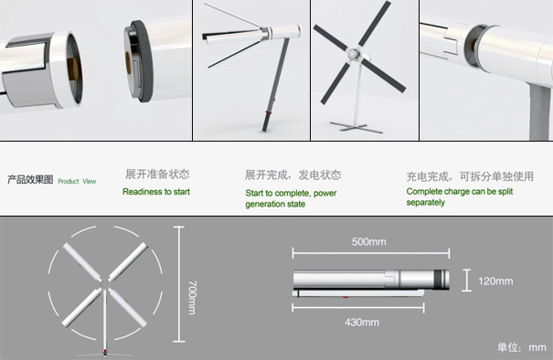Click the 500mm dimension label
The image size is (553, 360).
[368, 242]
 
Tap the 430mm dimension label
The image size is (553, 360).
[362, 323]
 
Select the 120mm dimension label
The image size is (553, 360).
[495, 281]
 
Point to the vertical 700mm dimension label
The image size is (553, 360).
[192, 297]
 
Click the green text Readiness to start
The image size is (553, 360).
[156, 192]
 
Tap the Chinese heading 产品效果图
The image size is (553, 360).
[30, 179]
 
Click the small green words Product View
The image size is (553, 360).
[77, 181]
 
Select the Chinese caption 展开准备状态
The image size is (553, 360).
[157, 174]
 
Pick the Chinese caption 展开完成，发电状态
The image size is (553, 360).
[293, 175]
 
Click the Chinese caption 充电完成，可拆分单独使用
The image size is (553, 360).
[470, 176]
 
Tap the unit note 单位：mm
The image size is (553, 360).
[522, 347]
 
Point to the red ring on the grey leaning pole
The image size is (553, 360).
[269, 112]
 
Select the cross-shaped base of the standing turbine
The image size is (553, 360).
[356, 127]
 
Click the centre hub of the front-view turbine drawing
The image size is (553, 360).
[105, 284]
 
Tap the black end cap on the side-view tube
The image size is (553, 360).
[441, 280]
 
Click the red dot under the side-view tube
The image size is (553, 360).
[346, 297]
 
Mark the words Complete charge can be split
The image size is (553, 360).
[460, 192]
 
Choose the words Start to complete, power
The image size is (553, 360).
[291, 193]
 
